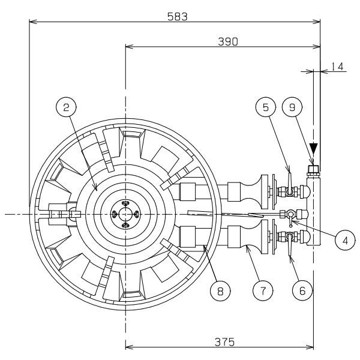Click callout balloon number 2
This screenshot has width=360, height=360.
pyautogui.click(x=66, y=108)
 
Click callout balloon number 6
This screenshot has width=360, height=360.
pyautogui.click(x=302, y=290)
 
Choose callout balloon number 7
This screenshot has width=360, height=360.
pyautogui.click(x=260, y=290)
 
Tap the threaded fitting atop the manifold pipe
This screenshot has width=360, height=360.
pyautogui.click(x=313, y=169)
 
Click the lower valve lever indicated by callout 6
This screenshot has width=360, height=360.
pyautogui.click(x=289, y=246)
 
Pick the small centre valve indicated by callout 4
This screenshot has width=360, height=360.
pyautogui.click(x=290, y=215)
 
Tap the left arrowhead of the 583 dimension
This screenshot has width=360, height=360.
pyautogui.click(x=31, y=23)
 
